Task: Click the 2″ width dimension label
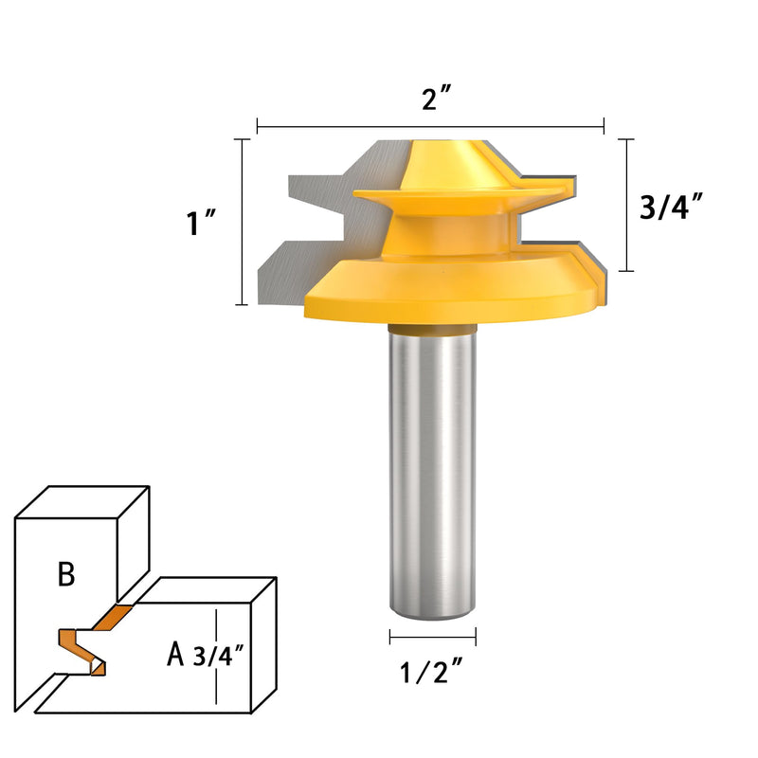436,99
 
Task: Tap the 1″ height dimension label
201,223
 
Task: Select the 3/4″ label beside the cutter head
671,207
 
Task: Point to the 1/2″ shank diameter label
432,672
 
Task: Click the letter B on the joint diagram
66,574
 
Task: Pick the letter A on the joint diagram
175,654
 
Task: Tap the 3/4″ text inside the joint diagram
218,656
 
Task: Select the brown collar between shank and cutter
433,329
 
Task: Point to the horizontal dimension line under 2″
430,127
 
